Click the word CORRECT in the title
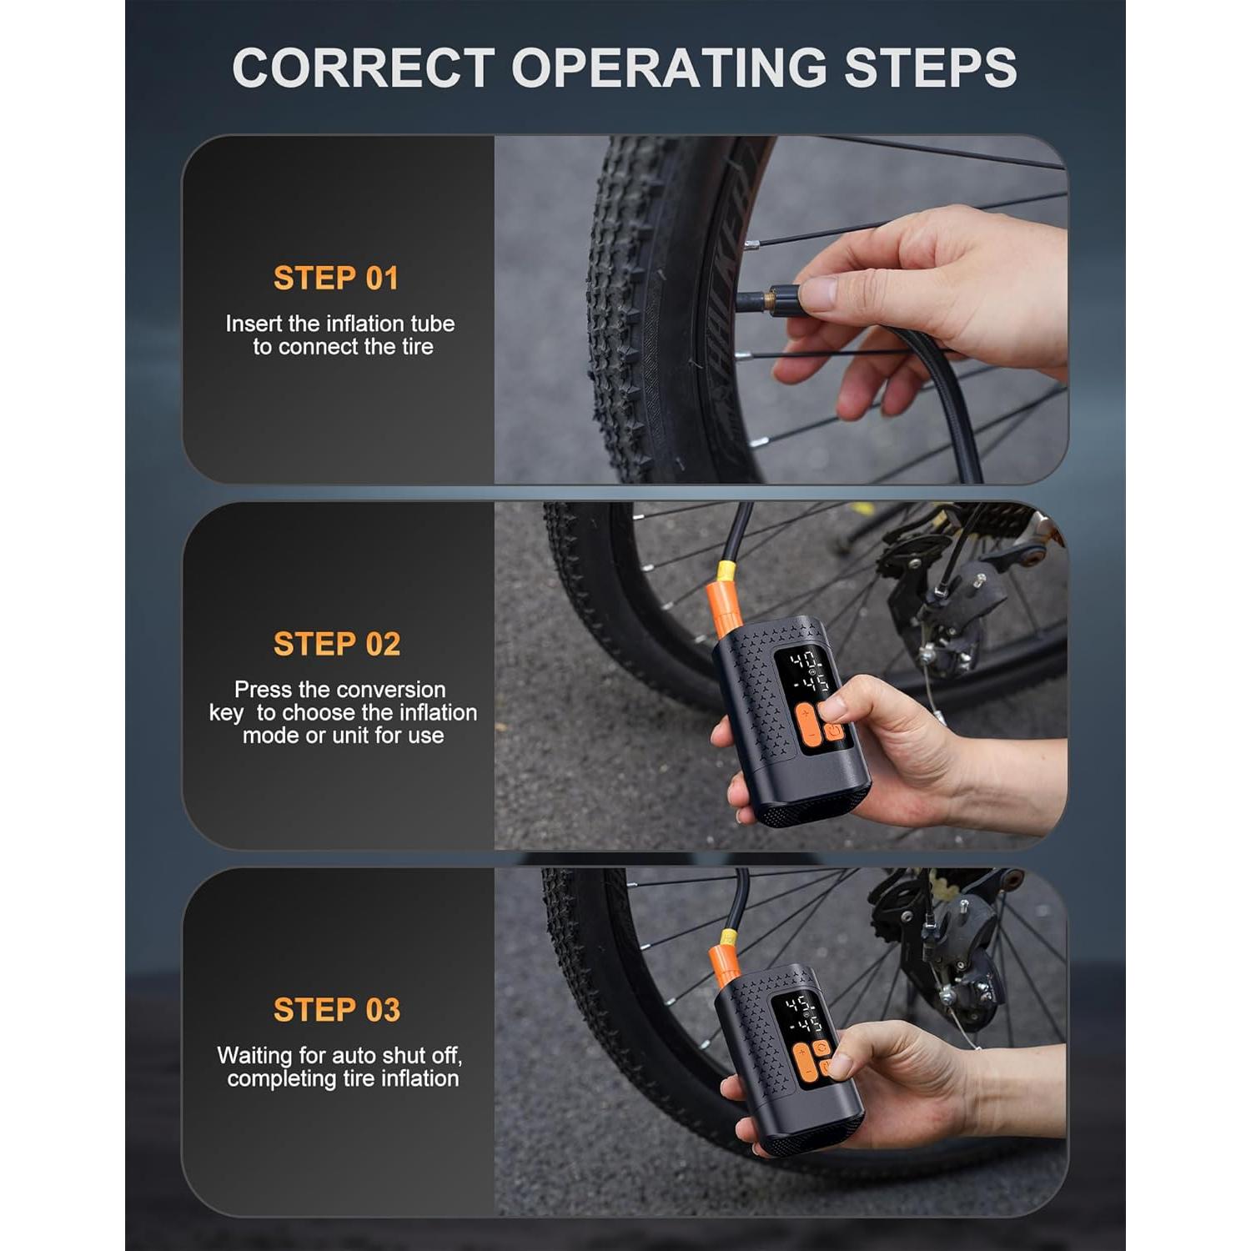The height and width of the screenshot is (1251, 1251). coord(364,67)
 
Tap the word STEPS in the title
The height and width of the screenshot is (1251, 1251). coord(931,67)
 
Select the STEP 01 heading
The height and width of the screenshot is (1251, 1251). coord(336,278)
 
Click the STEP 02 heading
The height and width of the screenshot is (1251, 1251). coord(337,644)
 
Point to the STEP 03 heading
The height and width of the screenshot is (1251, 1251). coord(337,1010)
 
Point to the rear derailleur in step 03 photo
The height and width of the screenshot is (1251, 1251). coord(959,959)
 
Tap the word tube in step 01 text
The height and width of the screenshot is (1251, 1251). coord(433,324)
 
